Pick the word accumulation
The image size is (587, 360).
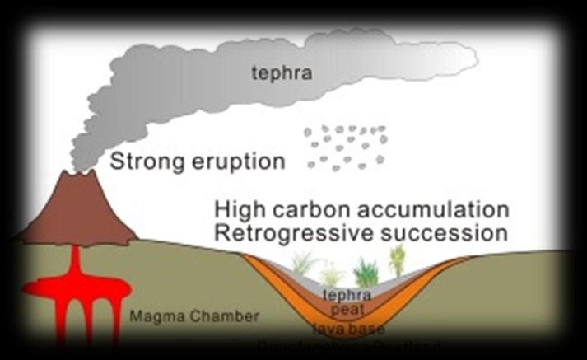pos(436,208)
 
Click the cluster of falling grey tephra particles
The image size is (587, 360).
pos(344,147)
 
